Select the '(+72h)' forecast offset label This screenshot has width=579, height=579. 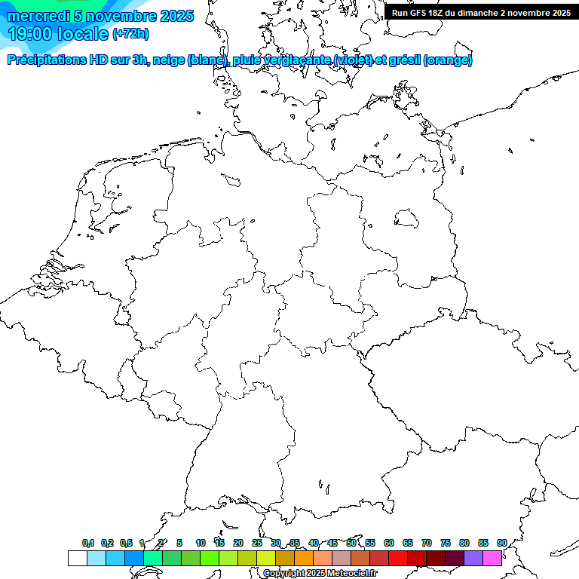[x=130, y=34]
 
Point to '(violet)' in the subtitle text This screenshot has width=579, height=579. [x=355, y=60]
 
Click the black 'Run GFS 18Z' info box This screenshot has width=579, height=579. [x=481, y=13]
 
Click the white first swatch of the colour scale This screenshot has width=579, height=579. [x=77, y=559]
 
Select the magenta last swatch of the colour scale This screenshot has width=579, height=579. [x=492, y=559]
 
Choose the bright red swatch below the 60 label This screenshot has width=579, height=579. [x=397, y=559]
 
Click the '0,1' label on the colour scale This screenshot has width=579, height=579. [x=88, y=543]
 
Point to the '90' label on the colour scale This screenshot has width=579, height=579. [x=501, y=543]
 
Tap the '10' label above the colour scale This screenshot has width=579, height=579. [x=200, y=543]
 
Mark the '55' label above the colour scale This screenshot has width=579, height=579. [x=369, y=543]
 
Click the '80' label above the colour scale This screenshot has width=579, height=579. [x=464, y=543]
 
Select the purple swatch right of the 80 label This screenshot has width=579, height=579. [x=473, y=559]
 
